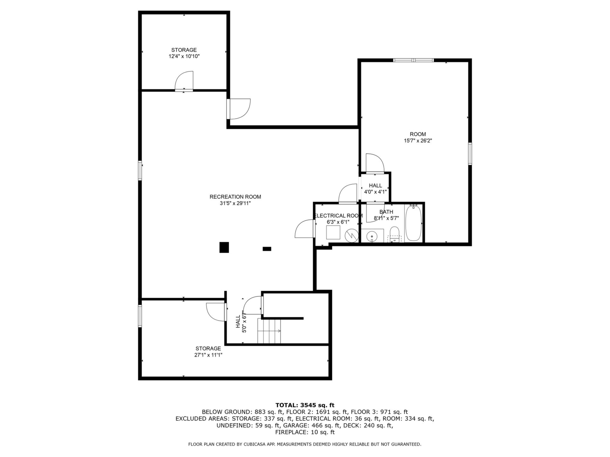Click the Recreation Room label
(x=235, y=197)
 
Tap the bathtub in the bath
(x=413, y=223)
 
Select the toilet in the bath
(x=394, y=234)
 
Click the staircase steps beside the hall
(x=269, y=331)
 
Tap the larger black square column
(x=224, y=247)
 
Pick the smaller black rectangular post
(x=267, y=249)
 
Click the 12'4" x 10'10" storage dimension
(x=184, y=56)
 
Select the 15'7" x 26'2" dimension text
(x=418, y=141)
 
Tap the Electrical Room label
(x=338, y=216)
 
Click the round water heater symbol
(x=351, y=235)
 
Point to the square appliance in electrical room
(x=333, y=233)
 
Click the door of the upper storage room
(x=184, y=81)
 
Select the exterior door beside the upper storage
(x=239, y=109)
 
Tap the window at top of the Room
(x=413, y=60)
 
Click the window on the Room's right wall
(x=470, y=154)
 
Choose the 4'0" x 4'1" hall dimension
(x=375, y=192)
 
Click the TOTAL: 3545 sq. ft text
(x=305, y=405)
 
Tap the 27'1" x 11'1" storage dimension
(x=208, y=355)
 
